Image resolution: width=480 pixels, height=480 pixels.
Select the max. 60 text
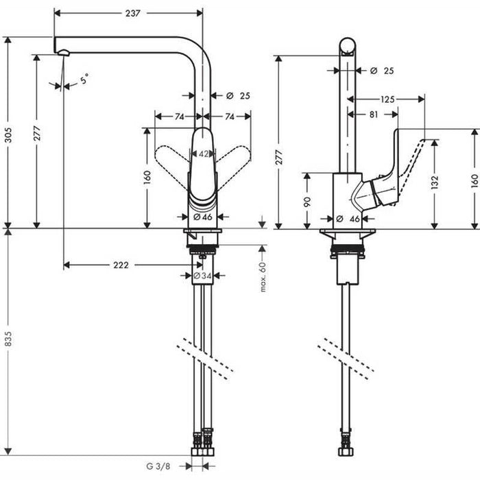pos(262,276)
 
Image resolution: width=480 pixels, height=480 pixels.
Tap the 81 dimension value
pos(373,115)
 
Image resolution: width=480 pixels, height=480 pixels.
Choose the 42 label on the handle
pos(204,154)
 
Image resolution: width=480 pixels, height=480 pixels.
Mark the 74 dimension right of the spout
pos(229,117)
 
